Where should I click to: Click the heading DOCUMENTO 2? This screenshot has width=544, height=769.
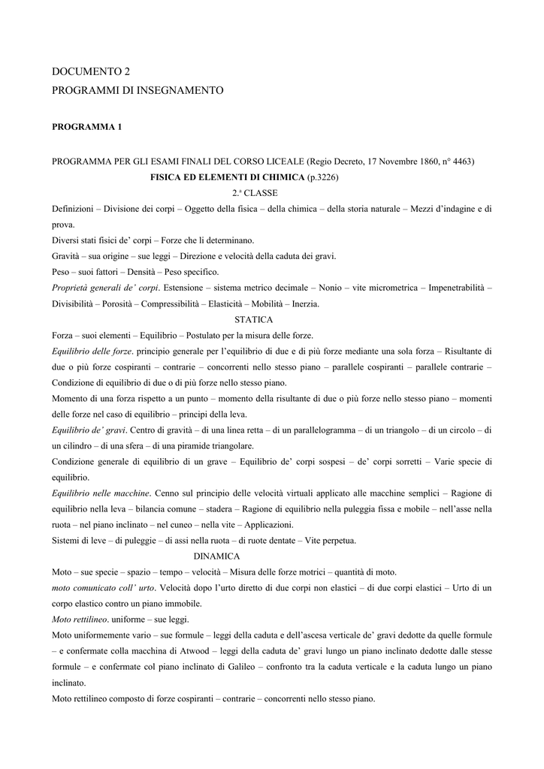pos(91,72)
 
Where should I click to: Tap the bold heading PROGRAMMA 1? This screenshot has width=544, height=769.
pos(86,128)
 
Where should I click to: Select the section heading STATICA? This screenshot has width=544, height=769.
pos(254,319)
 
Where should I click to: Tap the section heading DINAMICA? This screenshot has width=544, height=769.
pos(216,556)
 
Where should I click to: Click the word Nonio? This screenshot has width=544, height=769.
pos(330,288)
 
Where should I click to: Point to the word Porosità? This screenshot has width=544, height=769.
pos(119,303)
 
